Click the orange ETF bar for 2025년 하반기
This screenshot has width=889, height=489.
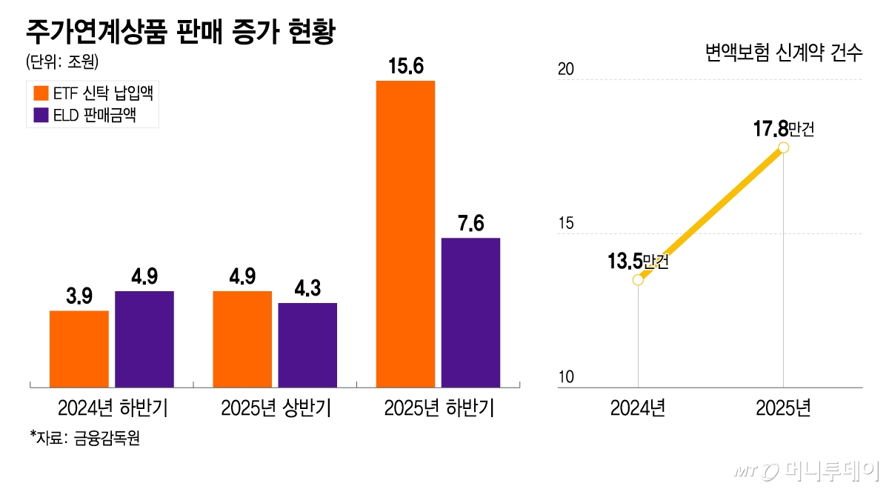tap(405, 234)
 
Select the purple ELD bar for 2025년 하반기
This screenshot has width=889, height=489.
tap(470, 313)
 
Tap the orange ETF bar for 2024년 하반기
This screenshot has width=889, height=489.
tap(79, 349)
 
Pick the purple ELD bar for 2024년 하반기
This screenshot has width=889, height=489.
tap(144, 339)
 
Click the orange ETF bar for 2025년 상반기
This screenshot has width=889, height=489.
tap(242, 339)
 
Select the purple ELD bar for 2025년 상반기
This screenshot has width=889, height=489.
tap(307, 345)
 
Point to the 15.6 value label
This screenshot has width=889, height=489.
tap(405, 67)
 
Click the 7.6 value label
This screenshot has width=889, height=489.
tap(470, 224)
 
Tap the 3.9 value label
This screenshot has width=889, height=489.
tap(79, 296)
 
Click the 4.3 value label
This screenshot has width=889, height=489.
tap(307, 289)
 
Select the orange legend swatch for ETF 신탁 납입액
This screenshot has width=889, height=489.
tap(41, 93)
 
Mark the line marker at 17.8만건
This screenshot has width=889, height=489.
tap(783, 147)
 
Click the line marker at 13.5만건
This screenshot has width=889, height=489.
tap(638, 279)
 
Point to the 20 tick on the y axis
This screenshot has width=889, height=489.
tap(566, 70)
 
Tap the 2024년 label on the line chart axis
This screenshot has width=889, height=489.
tap(638, 408)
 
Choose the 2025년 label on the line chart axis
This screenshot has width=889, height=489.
tap(783, 408)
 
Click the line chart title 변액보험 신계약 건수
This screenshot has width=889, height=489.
tap(783, 53)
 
